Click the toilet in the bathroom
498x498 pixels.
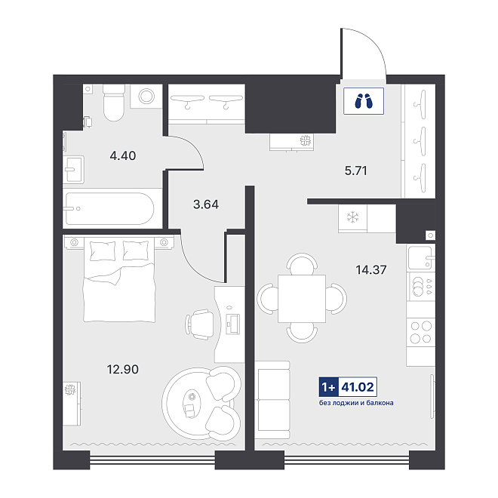[114, 103]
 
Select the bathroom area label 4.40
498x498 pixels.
[122, 155]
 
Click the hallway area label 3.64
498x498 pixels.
[206, 204]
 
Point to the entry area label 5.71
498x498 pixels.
[355, 171]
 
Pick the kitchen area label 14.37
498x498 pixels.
[371, 270]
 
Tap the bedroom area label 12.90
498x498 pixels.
[122, 370]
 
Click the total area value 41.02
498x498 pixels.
[358, 387]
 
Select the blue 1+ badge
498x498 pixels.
[329, 387]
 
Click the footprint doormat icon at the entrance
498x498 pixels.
[364, 101]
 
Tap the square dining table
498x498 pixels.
[302, 299]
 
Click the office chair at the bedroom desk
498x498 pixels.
[200, 324]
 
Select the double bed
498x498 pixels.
[119, 280]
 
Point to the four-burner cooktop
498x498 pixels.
[421, 332]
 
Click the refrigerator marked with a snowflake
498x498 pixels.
[352, 219]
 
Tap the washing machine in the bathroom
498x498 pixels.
[146, 96]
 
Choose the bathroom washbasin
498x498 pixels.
[73, 170]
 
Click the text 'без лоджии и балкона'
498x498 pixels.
[356, 403]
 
